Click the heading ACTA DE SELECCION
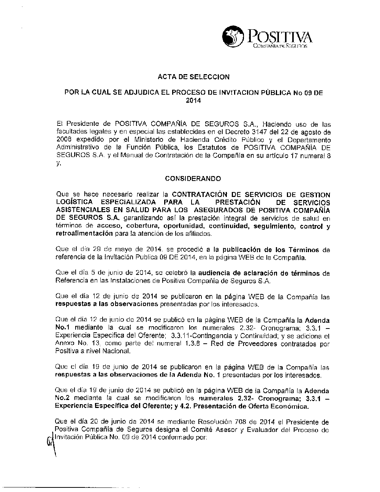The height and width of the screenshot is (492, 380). point(193,77)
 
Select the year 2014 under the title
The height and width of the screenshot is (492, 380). point(193,101)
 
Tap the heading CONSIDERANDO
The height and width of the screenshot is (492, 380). point(193,178)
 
